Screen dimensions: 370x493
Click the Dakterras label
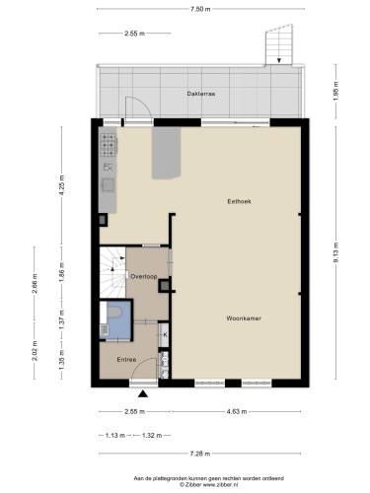201,94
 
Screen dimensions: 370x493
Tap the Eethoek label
239,201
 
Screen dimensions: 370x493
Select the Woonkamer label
244,318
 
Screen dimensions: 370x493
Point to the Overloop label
144,277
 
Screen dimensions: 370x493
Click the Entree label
126,360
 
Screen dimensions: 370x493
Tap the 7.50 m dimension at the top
200,9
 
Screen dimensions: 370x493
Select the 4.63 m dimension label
237,411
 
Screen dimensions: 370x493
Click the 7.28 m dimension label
200,454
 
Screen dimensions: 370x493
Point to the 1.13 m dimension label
115,436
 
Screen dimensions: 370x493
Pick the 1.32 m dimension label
152,436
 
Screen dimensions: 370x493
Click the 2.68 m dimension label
35,283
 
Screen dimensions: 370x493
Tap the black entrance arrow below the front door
143,393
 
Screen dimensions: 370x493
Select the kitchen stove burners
110,144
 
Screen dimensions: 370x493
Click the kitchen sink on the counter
108,184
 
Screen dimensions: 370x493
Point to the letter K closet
164,335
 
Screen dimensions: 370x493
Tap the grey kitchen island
166,153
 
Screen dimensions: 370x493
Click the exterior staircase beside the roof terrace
279,44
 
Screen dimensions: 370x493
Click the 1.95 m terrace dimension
335,91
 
